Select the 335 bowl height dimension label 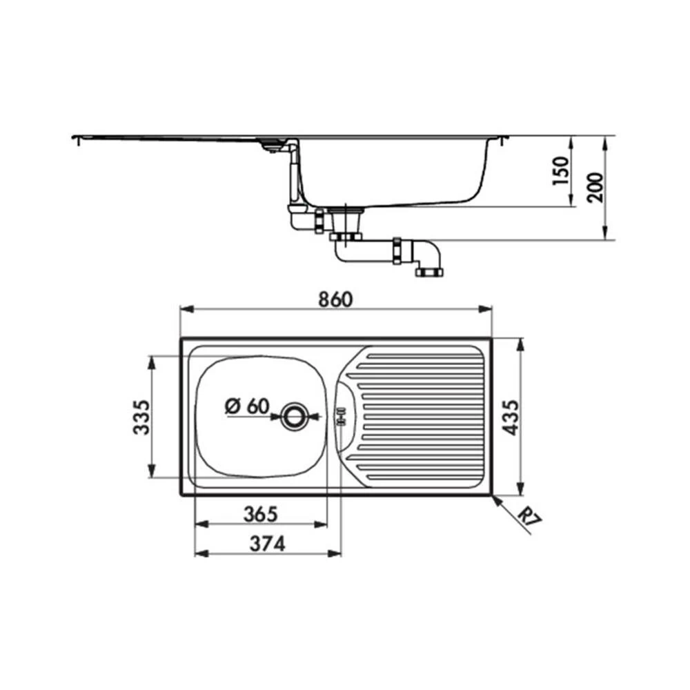coord(141,417)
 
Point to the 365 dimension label coord(260,514)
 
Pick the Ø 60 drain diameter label coord(246,406)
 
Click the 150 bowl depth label coord(562,171)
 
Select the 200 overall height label coord(596,186)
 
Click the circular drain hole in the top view coord(296,415)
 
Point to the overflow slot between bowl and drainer coord(339,416)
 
